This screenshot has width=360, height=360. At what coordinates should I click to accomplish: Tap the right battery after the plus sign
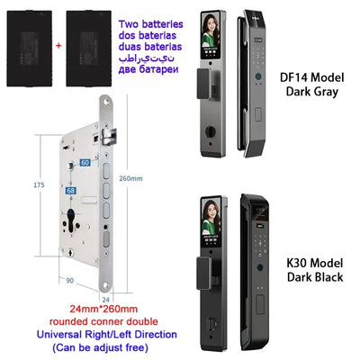tap(98, 31)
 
